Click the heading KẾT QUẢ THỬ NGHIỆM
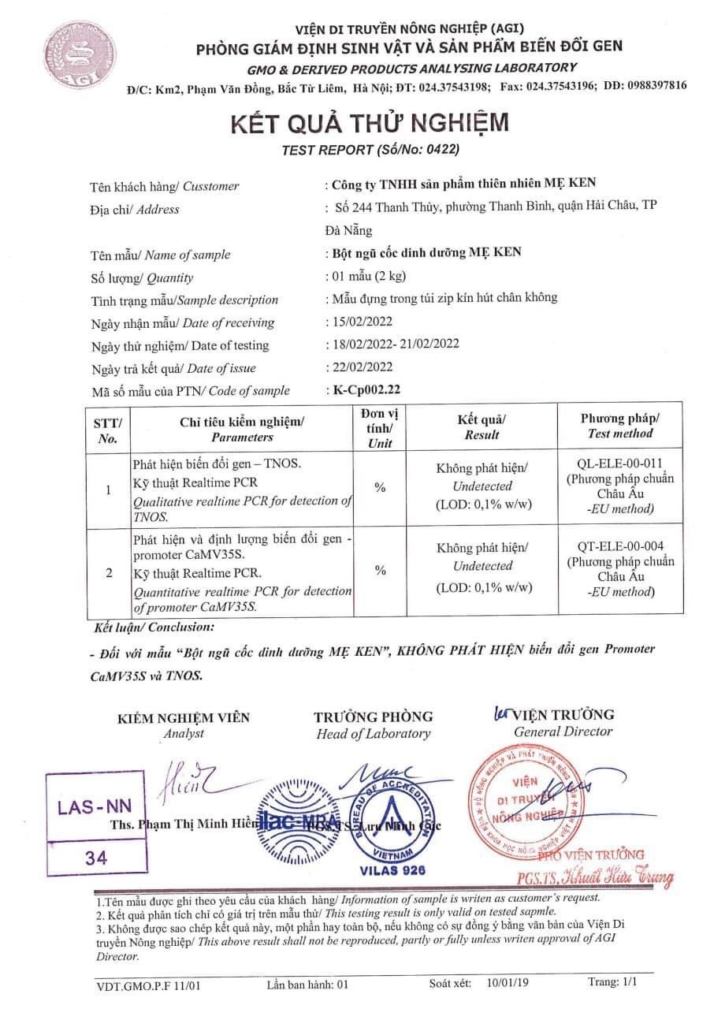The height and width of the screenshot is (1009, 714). click(x=369, y=123)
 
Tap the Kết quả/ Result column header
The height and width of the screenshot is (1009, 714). click(x=482, y=426)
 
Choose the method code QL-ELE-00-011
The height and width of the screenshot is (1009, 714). click(x=619, y=464)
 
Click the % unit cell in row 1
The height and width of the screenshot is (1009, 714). click(x=380, y=488)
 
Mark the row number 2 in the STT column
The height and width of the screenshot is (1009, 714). click(x=108, y=572)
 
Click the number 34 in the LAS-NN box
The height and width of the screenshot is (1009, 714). click(x=97, y=858)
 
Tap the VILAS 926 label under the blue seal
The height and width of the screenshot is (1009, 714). click(x=392, y=870)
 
